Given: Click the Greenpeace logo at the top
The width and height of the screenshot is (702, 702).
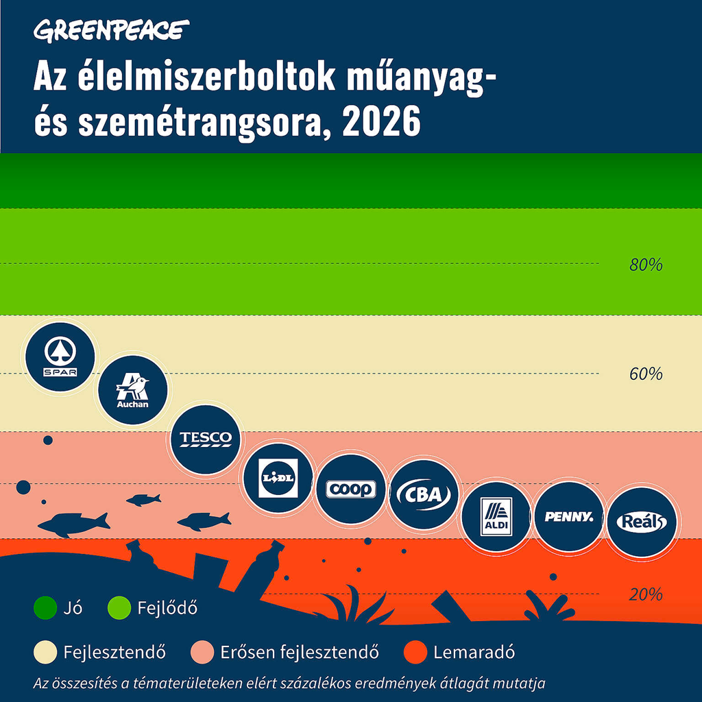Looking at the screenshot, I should point(111,30).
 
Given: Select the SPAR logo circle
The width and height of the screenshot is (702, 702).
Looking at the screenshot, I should point(60,357).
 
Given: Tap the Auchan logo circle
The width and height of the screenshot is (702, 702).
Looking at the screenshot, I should point(132,390).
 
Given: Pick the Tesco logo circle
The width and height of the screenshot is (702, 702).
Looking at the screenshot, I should point(206,439).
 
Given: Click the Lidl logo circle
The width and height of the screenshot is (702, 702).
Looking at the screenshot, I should point(278,477).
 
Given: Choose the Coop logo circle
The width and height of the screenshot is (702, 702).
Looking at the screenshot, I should point(350,489).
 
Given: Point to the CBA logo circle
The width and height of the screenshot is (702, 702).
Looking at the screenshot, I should point(423,494).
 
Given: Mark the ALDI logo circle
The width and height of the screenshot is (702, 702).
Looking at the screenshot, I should point(496,516).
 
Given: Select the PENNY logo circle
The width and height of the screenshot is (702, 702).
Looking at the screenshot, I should point(568,516).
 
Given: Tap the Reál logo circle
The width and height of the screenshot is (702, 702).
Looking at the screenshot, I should point(641,521).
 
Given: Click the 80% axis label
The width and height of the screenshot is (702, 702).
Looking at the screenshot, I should point(646,265).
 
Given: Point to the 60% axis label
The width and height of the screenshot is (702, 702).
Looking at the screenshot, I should point(646,374).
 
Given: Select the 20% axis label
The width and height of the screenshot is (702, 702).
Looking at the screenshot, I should point(646,594).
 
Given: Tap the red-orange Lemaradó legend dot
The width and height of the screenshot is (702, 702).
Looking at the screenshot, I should point(415,651).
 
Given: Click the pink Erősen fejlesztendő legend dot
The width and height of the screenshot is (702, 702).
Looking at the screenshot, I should point(204,651).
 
